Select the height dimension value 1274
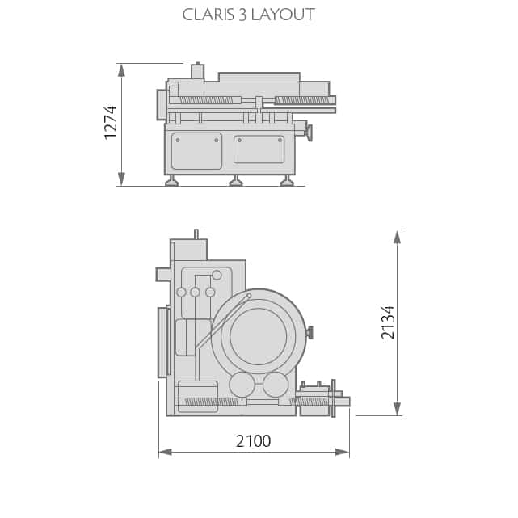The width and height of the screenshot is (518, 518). (111, 122)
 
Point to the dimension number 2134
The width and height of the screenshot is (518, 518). (388, 322)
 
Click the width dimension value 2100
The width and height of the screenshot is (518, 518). (253, 441)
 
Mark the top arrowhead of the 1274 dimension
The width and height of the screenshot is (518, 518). (121, 69)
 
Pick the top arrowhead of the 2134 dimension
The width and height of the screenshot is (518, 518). (397, 237)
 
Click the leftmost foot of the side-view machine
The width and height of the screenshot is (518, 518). (171, 181)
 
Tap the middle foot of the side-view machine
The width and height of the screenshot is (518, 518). (236, 181)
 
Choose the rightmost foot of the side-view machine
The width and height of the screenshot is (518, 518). (287, 181)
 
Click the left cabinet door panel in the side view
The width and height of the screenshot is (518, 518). (196, 151)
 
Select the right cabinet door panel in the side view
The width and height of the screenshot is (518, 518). (259, 150)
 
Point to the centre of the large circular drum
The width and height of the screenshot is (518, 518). (259, 336)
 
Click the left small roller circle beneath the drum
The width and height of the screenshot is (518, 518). (242, 385)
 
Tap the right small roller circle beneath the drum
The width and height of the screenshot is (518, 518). (276, 385)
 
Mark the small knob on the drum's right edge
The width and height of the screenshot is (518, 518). (310, 332)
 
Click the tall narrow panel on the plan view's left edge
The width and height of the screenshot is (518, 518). (162, 342)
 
